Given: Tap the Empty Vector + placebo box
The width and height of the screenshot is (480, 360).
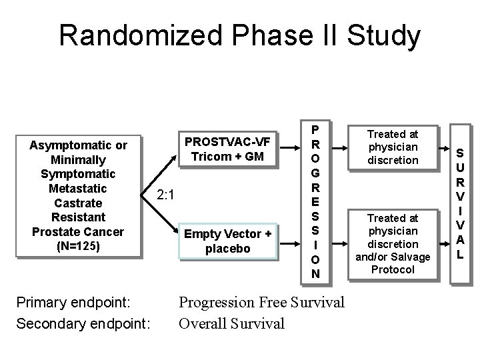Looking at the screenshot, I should coord(227,241).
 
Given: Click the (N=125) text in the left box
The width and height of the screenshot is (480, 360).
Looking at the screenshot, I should coord(77,245).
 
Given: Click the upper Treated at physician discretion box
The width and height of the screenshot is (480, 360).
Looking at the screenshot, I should coord(393,147).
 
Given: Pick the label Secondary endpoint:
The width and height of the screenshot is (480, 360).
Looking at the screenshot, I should coord(83,324).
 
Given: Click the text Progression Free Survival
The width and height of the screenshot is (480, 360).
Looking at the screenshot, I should coord(261,302).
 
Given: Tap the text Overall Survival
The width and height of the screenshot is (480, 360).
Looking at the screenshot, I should coord(231,324).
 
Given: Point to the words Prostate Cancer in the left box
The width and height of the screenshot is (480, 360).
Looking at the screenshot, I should coord(78,231).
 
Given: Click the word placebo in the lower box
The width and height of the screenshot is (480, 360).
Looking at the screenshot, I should coord(227,249).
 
